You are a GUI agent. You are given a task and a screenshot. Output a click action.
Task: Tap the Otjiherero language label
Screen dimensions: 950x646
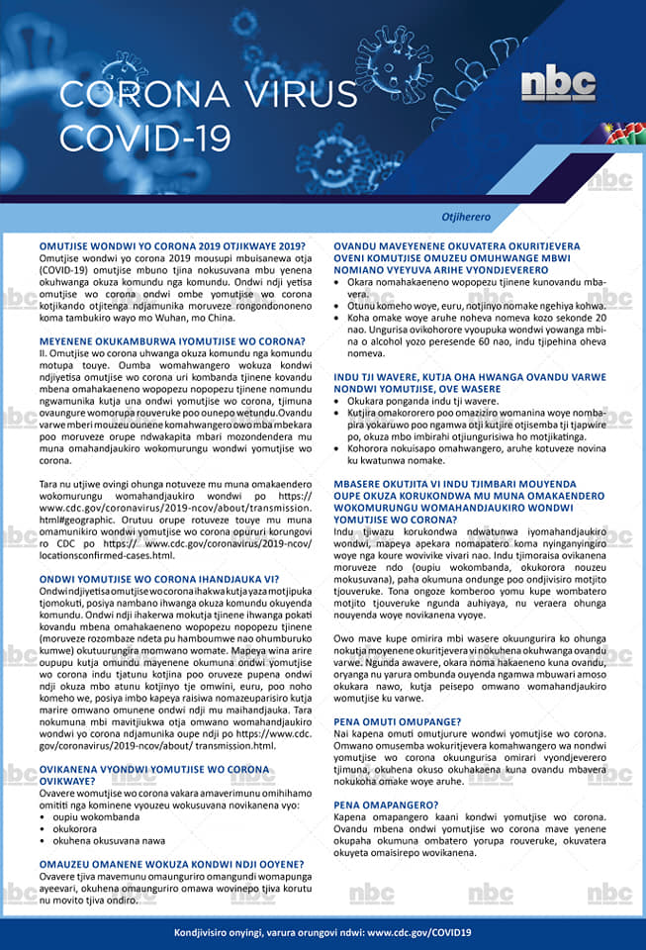[x=465, y=216]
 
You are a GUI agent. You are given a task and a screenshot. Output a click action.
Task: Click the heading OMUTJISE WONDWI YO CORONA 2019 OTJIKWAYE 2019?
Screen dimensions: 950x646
[x=172, y=244]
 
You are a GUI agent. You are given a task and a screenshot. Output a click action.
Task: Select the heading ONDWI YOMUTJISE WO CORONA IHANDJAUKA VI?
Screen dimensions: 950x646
[x=158, y=578]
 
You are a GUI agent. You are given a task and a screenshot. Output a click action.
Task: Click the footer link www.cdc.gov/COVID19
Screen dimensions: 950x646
[x=418, y=932]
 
